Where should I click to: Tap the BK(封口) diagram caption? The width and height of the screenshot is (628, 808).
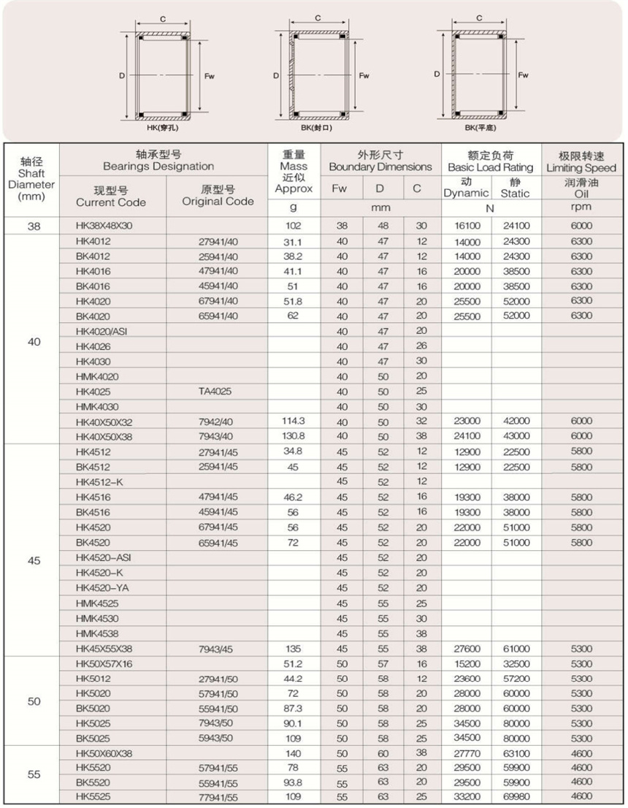tap(316, 128)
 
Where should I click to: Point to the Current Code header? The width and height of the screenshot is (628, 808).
tap(111, 197)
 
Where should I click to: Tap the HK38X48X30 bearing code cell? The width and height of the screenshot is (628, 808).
tap(104, 226)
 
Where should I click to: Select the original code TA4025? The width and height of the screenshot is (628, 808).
tap(215, 392)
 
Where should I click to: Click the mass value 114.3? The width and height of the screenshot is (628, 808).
tap(292, 422)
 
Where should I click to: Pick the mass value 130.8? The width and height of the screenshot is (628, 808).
tap(292, 436)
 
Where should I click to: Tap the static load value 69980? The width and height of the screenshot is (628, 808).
tap(516, 796)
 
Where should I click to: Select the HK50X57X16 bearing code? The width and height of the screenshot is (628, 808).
tap(104, 663)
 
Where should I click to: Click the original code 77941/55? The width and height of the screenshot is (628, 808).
tap(218, 796)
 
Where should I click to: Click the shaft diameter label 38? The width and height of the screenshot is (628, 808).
tap(34, 226)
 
